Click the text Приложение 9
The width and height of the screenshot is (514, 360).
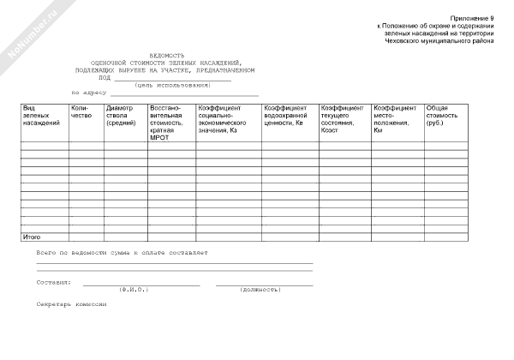(472, 18)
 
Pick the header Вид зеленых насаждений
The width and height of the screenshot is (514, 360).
(41, 116)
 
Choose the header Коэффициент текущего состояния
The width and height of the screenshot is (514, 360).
(342, 119)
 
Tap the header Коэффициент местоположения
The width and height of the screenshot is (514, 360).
(395, 119)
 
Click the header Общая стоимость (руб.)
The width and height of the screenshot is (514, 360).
(443, 116)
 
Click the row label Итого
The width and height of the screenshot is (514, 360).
(32, 236)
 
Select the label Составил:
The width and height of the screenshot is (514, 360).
(54, 281)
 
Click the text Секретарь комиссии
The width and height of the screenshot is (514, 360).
(71, 304)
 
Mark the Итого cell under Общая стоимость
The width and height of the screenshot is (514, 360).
(446, 236)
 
